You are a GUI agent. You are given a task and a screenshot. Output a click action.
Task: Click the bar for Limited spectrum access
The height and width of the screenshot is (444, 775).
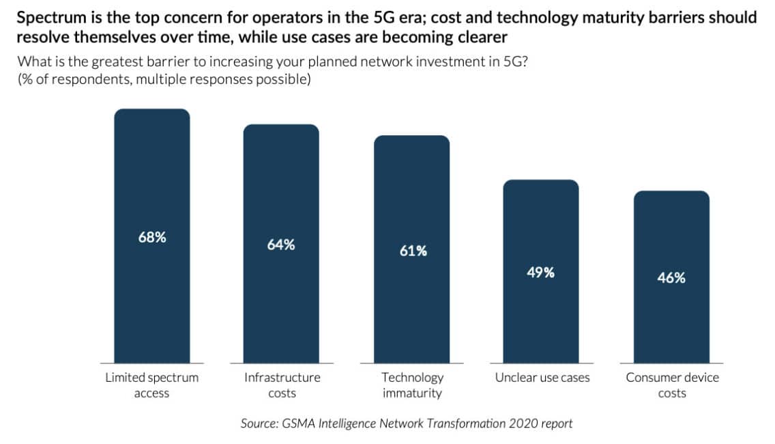pos(151,236)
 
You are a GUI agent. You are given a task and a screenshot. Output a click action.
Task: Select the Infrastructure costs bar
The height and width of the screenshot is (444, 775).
pos(281,244)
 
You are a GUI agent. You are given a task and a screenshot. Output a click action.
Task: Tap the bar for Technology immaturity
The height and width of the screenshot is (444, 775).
pos(412,249)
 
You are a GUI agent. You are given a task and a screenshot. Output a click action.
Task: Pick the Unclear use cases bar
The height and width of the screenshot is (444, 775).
pos(541,271)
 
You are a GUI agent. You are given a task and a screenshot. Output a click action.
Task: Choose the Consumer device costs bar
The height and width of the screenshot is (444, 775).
pos(672,277)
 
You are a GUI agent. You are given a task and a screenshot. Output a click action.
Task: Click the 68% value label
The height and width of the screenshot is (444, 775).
pos(152,238)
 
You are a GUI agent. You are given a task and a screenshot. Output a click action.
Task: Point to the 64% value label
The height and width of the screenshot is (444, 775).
pos(281,245)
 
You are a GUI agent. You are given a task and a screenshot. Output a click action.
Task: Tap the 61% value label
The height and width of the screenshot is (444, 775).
pos(413,251)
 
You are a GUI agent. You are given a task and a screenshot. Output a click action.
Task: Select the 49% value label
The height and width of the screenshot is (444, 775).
pos(541,273)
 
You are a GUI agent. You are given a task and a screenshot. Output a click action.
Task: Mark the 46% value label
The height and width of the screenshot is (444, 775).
pos(671,278)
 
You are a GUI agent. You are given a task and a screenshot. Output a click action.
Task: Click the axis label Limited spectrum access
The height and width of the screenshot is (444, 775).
pos(151,385)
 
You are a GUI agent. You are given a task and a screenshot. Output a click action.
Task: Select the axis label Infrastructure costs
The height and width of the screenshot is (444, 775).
pos(282,385)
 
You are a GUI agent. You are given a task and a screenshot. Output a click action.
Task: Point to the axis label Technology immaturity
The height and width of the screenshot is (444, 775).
pos(412,385)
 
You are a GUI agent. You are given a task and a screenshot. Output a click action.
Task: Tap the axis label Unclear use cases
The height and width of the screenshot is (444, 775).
pos(542,378)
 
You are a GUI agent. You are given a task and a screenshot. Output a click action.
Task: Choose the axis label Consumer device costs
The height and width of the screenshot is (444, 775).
pos(672,385)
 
